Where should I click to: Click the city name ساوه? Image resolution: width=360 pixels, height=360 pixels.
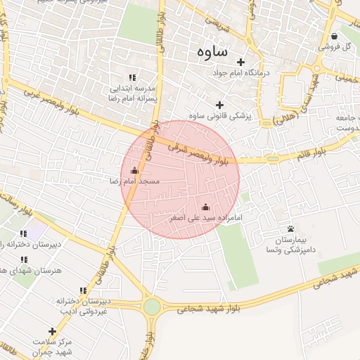[214, 51]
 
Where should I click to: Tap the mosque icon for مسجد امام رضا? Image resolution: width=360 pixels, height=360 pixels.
[135, 171]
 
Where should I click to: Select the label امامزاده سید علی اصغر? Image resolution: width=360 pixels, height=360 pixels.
[206, 218]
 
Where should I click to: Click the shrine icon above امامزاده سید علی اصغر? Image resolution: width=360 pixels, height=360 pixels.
[205, 207]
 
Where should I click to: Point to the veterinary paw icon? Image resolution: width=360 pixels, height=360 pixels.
[290, 229]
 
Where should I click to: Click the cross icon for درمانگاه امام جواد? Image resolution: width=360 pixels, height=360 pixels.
[241, 62]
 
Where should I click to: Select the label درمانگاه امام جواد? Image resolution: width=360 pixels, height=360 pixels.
[241, 72]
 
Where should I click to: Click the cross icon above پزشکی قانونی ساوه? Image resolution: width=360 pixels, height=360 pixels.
[220, 105]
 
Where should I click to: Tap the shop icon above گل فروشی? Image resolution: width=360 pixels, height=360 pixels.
[334, 37]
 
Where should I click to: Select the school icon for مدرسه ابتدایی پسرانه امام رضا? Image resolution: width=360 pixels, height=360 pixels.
[131, 77]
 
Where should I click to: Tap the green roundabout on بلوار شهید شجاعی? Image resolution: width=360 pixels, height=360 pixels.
[152, 307]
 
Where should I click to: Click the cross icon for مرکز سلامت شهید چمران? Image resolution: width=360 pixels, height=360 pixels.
[52, 331]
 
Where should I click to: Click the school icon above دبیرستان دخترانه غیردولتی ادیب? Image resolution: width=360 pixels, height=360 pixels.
[83, 290]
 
